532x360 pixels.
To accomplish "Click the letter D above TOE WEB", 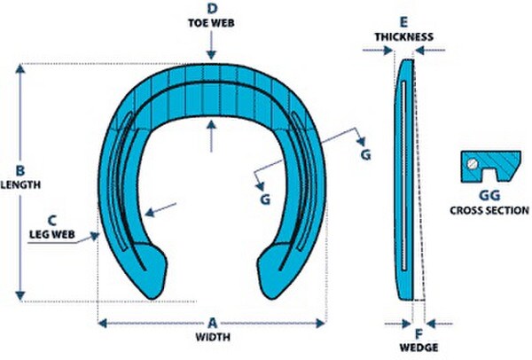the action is (212, 9).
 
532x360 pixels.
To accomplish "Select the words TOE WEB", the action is (211, 23).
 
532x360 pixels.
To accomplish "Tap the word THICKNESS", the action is (404, 36).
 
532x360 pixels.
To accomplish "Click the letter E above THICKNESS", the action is (403, 22).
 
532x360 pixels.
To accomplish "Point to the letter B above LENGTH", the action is (20, 170).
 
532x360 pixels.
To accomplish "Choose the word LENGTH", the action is (20, 184).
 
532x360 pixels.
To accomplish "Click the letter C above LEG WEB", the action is (52, 221).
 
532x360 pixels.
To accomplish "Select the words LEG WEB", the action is (52, 234).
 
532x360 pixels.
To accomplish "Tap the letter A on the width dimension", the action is (213, 323).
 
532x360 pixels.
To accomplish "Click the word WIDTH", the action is (213, 337).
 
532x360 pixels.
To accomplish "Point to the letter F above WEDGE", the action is (419, 334).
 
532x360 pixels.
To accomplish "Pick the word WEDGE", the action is (419, 348).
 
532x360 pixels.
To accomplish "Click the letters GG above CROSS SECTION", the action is (489, 195).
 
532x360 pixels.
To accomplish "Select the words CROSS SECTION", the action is (489, 210).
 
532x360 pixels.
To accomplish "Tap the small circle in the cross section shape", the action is (473, 164).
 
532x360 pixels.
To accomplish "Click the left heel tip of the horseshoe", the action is (152, 299).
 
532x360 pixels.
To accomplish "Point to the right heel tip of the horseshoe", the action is (270, 298).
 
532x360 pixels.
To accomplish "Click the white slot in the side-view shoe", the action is (403, 176).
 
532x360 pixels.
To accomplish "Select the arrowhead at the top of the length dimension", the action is (20, 69).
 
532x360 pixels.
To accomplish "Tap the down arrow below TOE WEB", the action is (211, 45).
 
